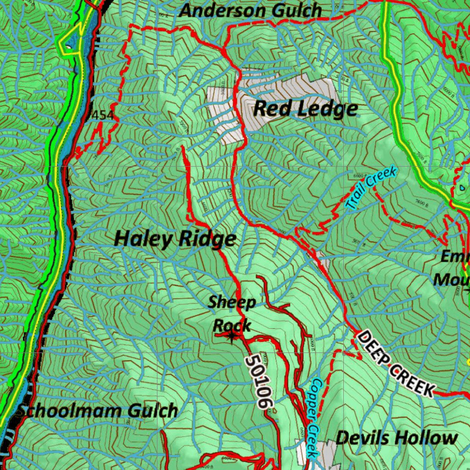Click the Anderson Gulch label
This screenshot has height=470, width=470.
(x=250, y=10)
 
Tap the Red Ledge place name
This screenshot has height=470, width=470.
(x=305, y=109)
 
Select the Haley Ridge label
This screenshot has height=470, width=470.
(x=175, y=239)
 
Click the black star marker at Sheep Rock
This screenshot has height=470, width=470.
(x=232, y=338)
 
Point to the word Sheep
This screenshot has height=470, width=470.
(x=232, y=302)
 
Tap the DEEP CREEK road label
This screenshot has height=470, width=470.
(x=395, y=363)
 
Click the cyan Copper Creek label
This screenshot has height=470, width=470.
(x=313, y=417)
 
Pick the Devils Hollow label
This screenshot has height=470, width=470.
(x=397, y=438)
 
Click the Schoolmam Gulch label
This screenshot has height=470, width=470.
(x=96, y=411)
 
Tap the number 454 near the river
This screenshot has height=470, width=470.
(x=103, y=115)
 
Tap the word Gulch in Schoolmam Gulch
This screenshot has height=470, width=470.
(x=152, y=411)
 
